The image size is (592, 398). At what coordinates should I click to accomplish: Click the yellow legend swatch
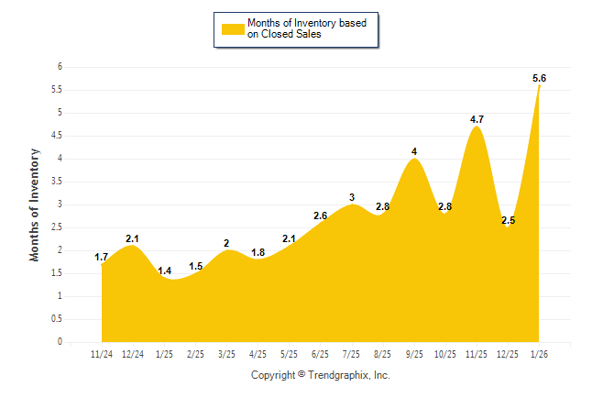tap(233, 28)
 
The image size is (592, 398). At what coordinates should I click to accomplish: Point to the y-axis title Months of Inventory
tap(35, 205)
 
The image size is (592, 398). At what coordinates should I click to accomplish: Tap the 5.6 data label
tap(540, 79)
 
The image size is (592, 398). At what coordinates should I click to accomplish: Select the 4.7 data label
tap(477, 119)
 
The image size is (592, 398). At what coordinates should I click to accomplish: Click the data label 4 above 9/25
tap(414, 151)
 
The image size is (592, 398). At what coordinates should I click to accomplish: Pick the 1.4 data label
tap(165, 271)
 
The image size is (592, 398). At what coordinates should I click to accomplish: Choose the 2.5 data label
tap(508, 220)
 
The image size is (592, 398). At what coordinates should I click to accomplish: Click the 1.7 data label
tap(102, 257)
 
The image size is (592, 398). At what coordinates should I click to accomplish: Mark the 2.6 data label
tap(320, 216)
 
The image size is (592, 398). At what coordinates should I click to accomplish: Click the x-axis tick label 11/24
tap(102, 355)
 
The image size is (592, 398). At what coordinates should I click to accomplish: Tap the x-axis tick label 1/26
tap(539, 355)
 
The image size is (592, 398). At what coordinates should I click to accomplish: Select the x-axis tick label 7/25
tap(351, 355)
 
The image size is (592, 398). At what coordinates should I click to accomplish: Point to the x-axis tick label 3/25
tap(226, 355)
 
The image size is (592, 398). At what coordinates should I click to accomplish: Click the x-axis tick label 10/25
tap(445, 355)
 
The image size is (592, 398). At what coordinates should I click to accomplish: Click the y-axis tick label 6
tap(60, 67)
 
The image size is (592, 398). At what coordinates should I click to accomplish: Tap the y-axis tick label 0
tap(60, 342)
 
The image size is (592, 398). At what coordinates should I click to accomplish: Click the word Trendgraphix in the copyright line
tap(339, 375)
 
